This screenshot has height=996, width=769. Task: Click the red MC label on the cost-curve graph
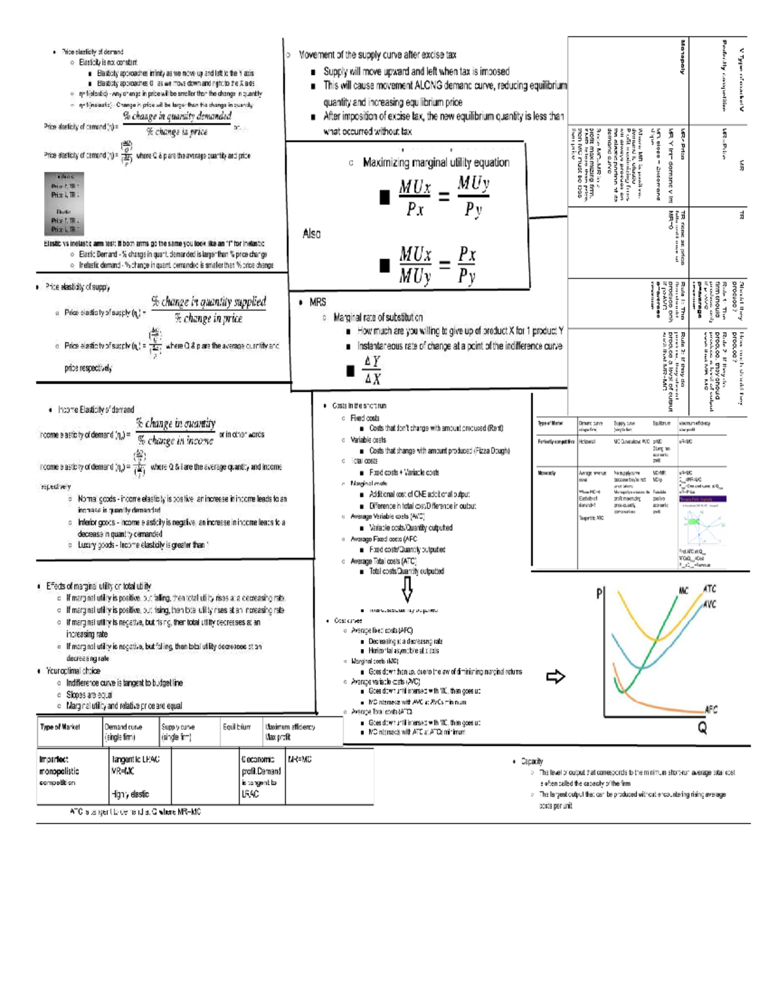point(683,591)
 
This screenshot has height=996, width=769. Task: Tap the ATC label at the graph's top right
point(709,588)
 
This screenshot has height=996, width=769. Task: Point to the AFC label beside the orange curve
point(711,709)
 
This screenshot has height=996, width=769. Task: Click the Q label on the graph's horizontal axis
point(702,728)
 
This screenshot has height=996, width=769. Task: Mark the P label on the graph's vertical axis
point(600,593)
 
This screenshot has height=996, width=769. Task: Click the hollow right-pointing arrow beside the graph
point(555,677)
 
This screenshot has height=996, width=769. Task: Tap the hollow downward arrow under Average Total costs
point(407,588)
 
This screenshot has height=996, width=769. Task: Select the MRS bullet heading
point(317,302)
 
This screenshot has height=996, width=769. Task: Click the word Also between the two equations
point(311,233)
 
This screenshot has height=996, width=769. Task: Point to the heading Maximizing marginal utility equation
point(436,163)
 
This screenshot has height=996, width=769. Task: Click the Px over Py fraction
point(467,265)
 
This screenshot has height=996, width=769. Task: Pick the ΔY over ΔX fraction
point(372,370)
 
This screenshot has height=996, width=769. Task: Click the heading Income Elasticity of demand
point(96,409)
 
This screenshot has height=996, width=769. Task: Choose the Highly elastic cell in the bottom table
point(130,794)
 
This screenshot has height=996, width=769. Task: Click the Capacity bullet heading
point(532,761)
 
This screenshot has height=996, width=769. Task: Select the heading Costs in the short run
point(359,405)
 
